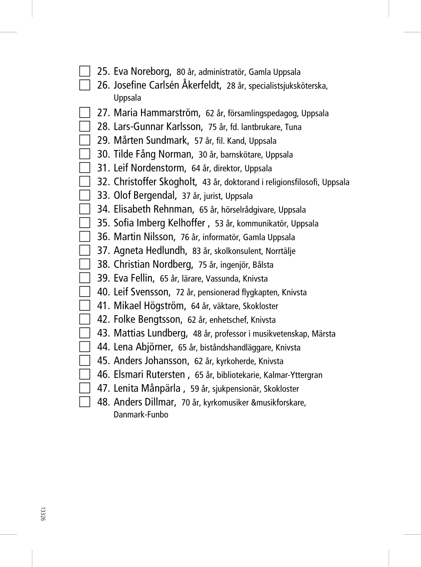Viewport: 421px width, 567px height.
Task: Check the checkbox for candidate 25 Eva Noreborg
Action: point(85,71)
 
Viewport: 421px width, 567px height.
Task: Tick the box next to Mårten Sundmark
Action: point(85,140)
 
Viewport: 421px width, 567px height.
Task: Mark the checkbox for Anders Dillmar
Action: point(85,402)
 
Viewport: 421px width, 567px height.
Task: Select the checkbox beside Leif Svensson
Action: point(85,291)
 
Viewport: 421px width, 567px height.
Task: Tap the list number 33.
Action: point(103,195)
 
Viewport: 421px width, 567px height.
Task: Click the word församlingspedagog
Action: point(263,113)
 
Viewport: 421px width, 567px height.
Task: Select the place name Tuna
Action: point(293,127)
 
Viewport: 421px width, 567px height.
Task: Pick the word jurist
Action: point(212,196)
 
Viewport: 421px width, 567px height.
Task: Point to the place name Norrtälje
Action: point(280,251)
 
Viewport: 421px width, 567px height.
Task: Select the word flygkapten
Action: point(260,292)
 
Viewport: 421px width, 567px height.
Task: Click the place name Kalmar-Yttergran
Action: point(293,375)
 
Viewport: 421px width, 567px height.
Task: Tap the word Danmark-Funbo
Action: point(141,415)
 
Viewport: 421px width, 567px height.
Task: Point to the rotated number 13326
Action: point(42,514)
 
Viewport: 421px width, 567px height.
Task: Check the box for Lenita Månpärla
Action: point(85,388)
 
